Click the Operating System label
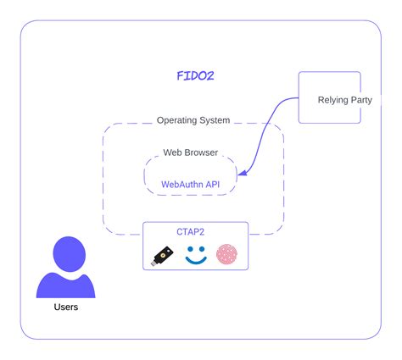[x=193, y=120]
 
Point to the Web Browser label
[x=190, y=153]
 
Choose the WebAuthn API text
[x=190, y=183]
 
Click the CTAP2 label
[x=195, y=231]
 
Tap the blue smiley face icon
[x=196, y=255]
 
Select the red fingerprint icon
[x=226, y=255]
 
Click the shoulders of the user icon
[x=66, y=285]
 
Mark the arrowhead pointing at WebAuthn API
[x=242, y=174]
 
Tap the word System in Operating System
[x=213, y=120]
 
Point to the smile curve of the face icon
[x=196, y=262]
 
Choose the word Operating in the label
[x=176, y=120]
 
